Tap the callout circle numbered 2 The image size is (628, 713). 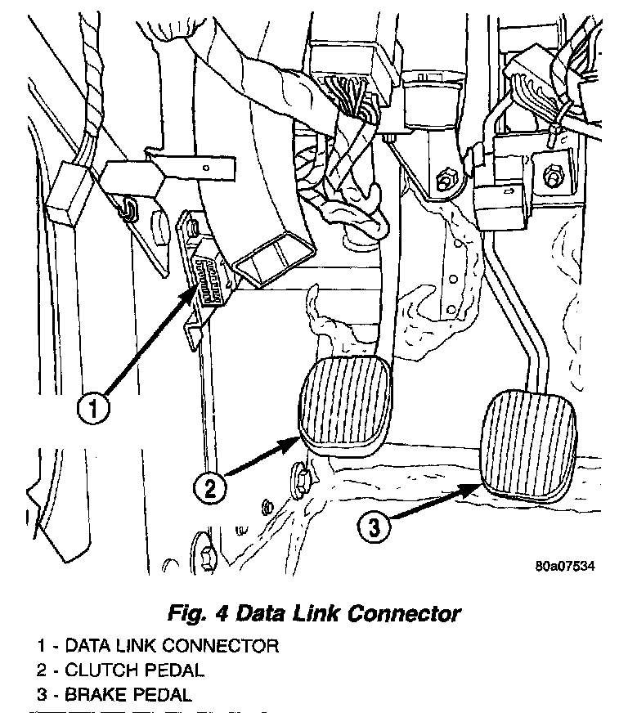tap(210, 488)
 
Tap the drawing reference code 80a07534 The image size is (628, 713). tap(565, 565)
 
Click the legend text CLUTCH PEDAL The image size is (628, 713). tap(134, 670)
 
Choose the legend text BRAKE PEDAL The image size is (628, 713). tap(128, 696)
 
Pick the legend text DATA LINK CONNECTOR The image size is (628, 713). tap(172, 645)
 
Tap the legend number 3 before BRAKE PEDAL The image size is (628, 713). tap(40, 696)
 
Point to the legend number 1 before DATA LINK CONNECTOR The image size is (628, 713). tap(40, 645)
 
